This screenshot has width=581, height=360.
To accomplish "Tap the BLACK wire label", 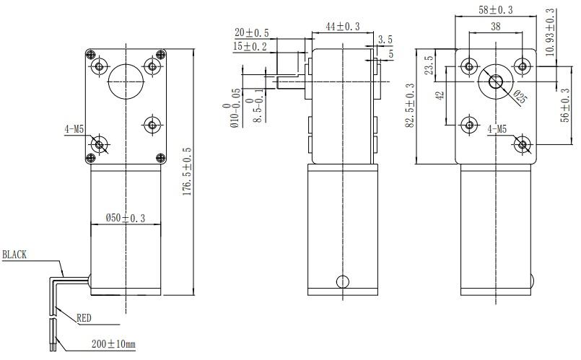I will (15, 255).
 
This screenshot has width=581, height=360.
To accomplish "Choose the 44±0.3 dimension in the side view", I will (343, 26).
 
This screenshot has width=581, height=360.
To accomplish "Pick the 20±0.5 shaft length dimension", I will (252, 32).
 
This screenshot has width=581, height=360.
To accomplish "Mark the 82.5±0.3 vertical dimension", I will (410, 105).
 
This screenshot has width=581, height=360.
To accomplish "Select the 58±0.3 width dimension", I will (495, 9).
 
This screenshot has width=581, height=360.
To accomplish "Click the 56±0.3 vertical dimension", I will (565, 105).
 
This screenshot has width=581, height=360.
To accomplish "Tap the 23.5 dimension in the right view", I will (428, 65).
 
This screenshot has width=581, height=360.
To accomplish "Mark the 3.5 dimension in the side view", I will (385, 40).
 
